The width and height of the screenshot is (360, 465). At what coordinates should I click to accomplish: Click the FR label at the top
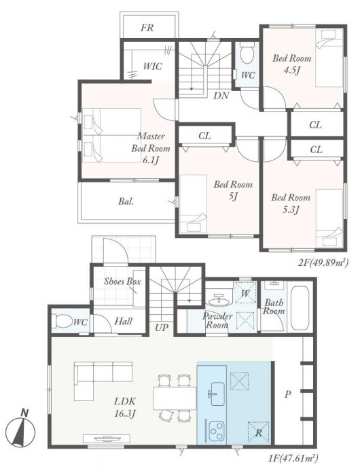[x=147, y=28]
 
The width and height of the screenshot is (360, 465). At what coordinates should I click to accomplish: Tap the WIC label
[x=153, y=66]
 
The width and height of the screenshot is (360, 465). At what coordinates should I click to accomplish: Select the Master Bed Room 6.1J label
[x=151, y=148]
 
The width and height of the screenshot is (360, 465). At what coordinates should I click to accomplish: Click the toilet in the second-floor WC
[x=247, y=52]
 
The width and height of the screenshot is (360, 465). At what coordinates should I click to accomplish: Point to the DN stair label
[x=221, y=95]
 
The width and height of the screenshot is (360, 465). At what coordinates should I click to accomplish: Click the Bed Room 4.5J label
[x=292, y=64]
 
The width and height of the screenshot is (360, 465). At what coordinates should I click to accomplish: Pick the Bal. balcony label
[x=126, y=201]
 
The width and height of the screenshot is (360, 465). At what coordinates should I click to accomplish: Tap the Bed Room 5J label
[x=233, y=190]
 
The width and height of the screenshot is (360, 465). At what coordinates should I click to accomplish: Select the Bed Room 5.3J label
[x=291, y=203]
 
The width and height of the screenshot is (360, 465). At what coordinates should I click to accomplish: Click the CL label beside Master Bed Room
[x=204, y=136]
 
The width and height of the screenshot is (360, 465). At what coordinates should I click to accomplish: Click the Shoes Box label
[x=122, y=281]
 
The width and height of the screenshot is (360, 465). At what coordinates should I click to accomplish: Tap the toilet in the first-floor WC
[x=64, y=321]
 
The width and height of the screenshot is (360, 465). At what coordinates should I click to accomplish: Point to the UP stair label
[x=162, y=328]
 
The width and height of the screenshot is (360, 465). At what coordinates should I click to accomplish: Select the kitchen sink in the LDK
[x=217, y=394]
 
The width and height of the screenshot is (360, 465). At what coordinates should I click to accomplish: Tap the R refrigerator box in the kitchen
[x=258, y=432]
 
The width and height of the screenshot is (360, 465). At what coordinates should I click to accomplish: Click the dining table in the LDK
[x=175, y=398]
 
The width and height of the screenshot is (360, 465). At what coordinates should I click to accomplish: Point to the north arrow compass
[x=21, y=430]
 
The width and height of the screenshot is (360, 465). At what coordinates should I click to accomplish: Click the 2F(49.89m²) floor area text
[x=323, y=262]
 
